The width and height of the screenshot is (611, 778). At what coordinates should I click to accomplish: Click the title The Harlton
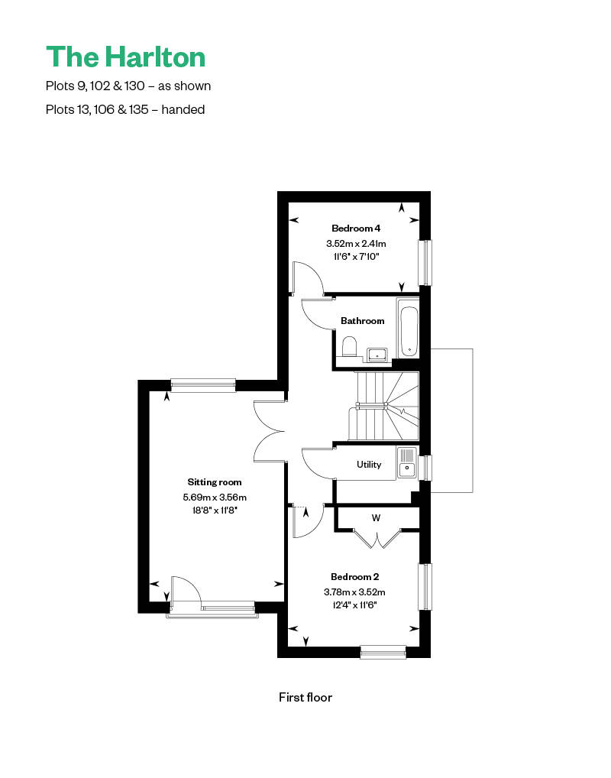[x=125, y=57]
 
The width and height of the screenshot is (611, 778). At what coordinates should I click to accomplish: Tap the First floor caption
[x=305, y=697]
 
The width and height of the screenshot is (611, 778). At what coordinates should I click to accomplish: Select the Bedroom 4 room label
[x=356, y=229]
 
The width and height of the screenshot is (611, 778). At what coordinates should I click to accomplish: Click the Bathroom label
[x=363, y=321]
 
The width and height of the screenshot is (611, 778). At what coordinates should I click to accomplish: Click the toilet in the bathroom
[x=349, y=346]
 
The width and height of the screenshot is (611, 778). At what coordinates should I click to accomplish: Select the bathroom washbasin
[x=377, y=355]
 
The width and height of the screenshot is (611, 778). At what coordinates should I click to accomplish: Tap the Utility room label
[x=369, y=465]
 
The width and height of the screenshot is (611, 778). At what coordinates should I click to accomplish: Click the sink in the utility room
[x=407, y=462]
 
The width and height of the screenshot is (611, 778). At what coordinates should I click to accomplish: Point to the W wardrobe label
[x=376, y=518]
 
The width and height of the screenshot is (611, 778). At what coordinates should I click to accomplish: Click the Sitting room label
[x=215, y=481]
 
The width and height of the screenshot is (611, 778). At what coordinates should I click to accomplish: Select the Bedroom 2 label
[x=354, y=576]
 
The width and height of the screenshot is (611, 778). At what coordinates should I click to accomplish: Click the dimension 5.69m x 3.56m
[x=215, y=498]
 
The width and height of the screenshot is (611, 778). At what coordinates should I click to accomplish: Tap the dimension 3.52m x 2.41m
[x=356, y=244]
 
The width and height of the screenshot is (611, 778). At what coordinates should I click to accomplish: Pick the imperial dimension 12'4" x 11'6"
[x=354, y=605]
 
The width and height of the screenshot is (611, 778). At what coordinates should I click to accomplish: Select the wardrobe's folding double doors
[x=377, y=539]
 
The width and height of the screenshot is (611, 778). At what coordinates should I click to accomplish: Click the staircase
[x=383, y=407]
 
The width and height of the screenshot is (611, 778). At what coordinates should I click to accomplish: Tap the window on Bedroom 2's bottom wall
[x=383, y=651]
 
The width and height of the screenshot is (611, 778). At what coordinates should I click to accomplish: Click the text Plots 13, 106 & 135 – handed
[x=125, y=109]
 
